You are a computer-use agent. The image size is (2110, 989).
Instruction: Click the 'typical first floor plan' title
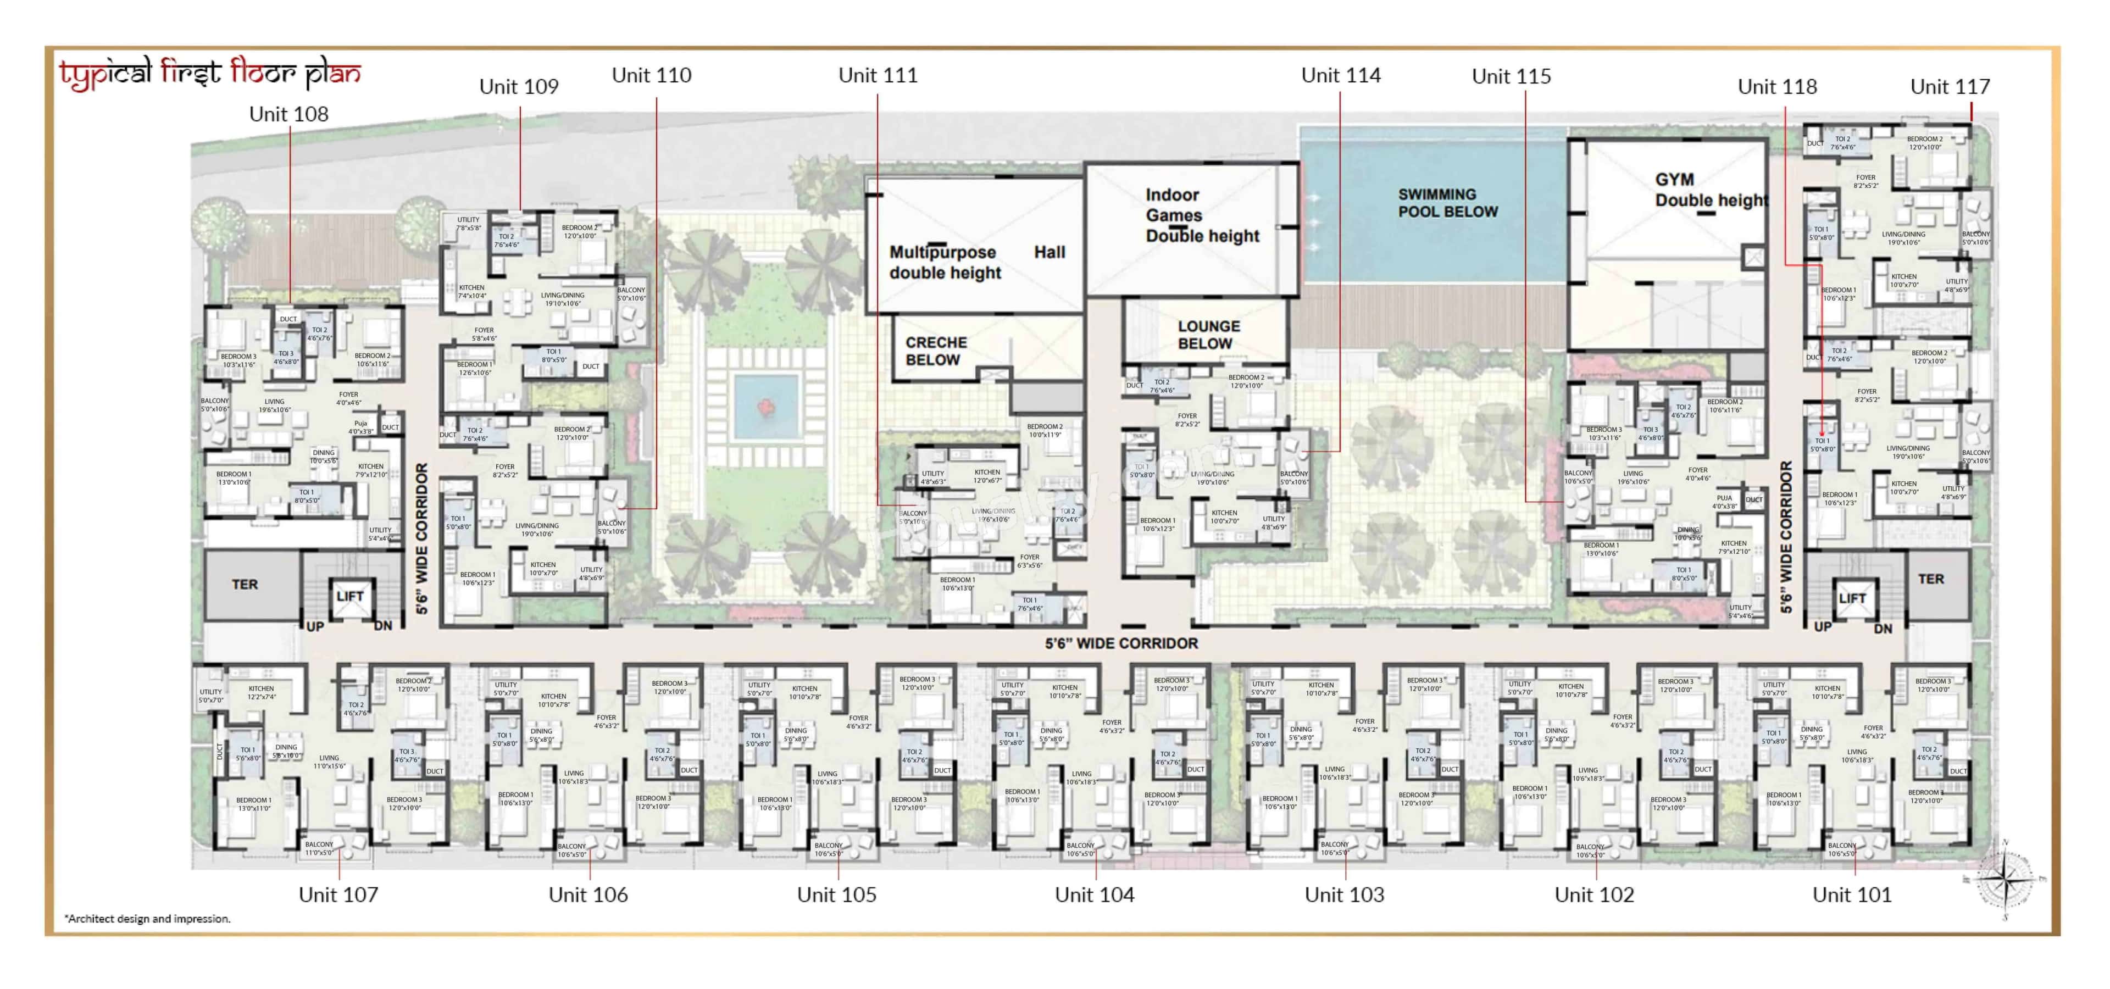click(210, 75)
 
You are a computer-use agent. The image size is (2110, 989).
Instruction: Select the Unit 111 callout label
click(878, 75)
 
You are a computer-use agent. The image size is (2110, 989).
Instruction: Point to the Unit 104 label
click(1095, 895)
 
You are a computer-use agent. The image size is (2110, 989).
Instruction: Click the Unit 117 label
click(1950, 87)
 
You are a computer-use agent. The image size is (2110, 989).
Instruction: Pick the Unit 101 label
click(1851, 895)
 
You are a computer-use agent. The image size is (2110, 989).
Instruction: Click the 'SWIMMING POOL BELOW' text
click(1447, 203)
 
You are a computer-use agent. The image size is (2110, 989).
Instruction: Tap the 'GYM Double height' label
click(1711, 190)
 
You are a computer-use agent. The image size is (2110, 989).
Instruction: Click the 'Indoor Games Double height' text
click(1202, 215)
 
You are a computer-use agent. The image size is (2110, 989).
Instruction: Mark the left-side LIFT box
click(350, 597)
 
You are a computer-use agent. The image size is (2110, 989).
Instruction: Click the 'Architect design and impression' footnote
click(147, 919)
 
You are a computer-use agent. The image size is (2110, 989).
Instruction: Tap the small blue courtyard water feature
click(766, 407)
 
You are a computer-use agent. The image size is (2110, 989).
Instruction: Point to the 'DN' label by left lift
click(382, 626)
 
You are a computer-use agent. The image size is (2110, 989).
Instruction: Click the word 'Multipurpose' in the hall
click(943, 253)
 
